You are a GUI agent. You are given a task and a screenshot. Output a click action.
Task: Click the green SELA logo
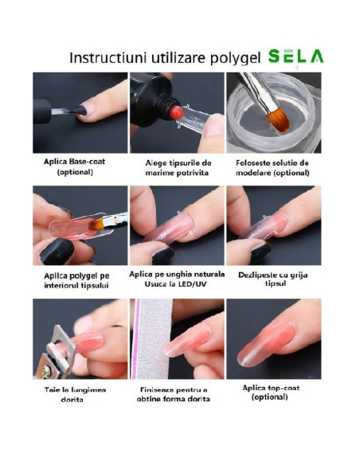(295, 57)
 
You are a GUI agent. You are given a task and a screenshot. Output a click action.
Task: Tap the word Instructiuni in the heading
(103, 58)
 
